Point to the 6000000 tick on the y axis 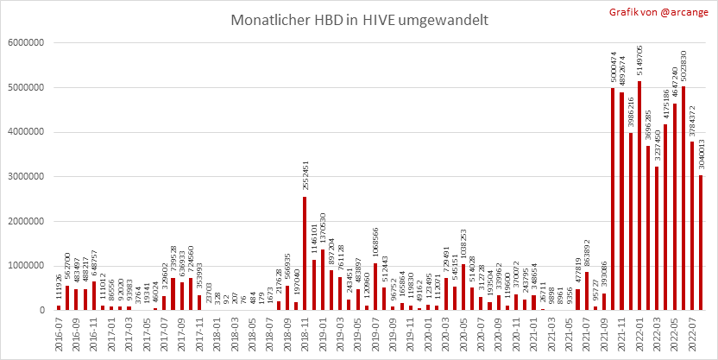pos(28,42)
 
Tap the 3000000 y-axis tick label pos(28,176)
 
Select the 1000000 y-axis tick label pos(28,265)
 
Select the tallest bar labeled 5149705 pos(639,195)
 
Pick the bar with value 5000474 pos(613,199)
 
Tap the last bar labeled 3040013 pos(701,243)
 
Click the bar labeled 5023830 pos(683,198)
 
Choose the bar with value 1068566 pos(375,286)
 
